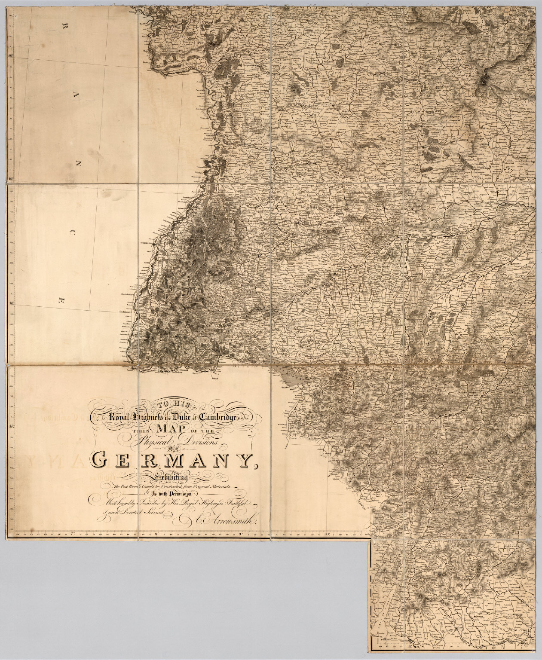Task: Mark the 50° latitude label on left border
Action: click(x=12, y=55)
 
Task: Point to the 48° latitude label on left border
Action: click(x=12, y=303)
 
